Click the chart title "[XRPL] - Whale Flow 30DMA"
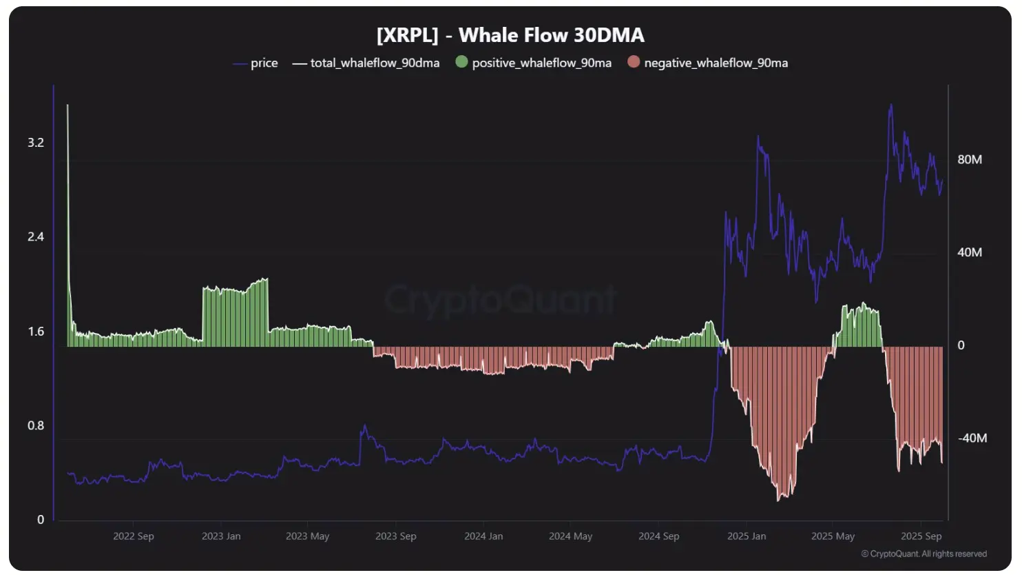pos(510,35)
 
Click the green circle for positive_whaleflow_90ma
pos(461,62)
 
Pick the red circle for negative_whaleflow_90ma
pos(634,62)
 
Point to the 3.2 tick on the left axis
pos(36,143)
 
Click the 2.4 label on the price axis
pos(36,237)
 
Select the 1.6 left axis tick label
pos(36,332)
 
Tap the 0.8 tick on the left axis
pos(36,425)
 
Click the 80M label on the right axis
pos(970,159)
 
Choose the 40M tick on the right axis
pos(970,252)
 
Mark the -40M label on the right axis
pos(972,438)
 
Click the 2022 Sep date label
pos(134,536)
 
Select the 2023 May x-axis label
pos(308,536)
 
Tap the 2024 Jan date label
pos(483,536)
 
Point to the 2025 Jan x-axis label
pos(747,536)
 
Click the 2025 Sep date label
pos(921,536)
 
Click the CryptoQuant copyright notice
pos(924,554)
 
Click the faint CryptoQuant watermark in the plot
pos(501,300)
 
